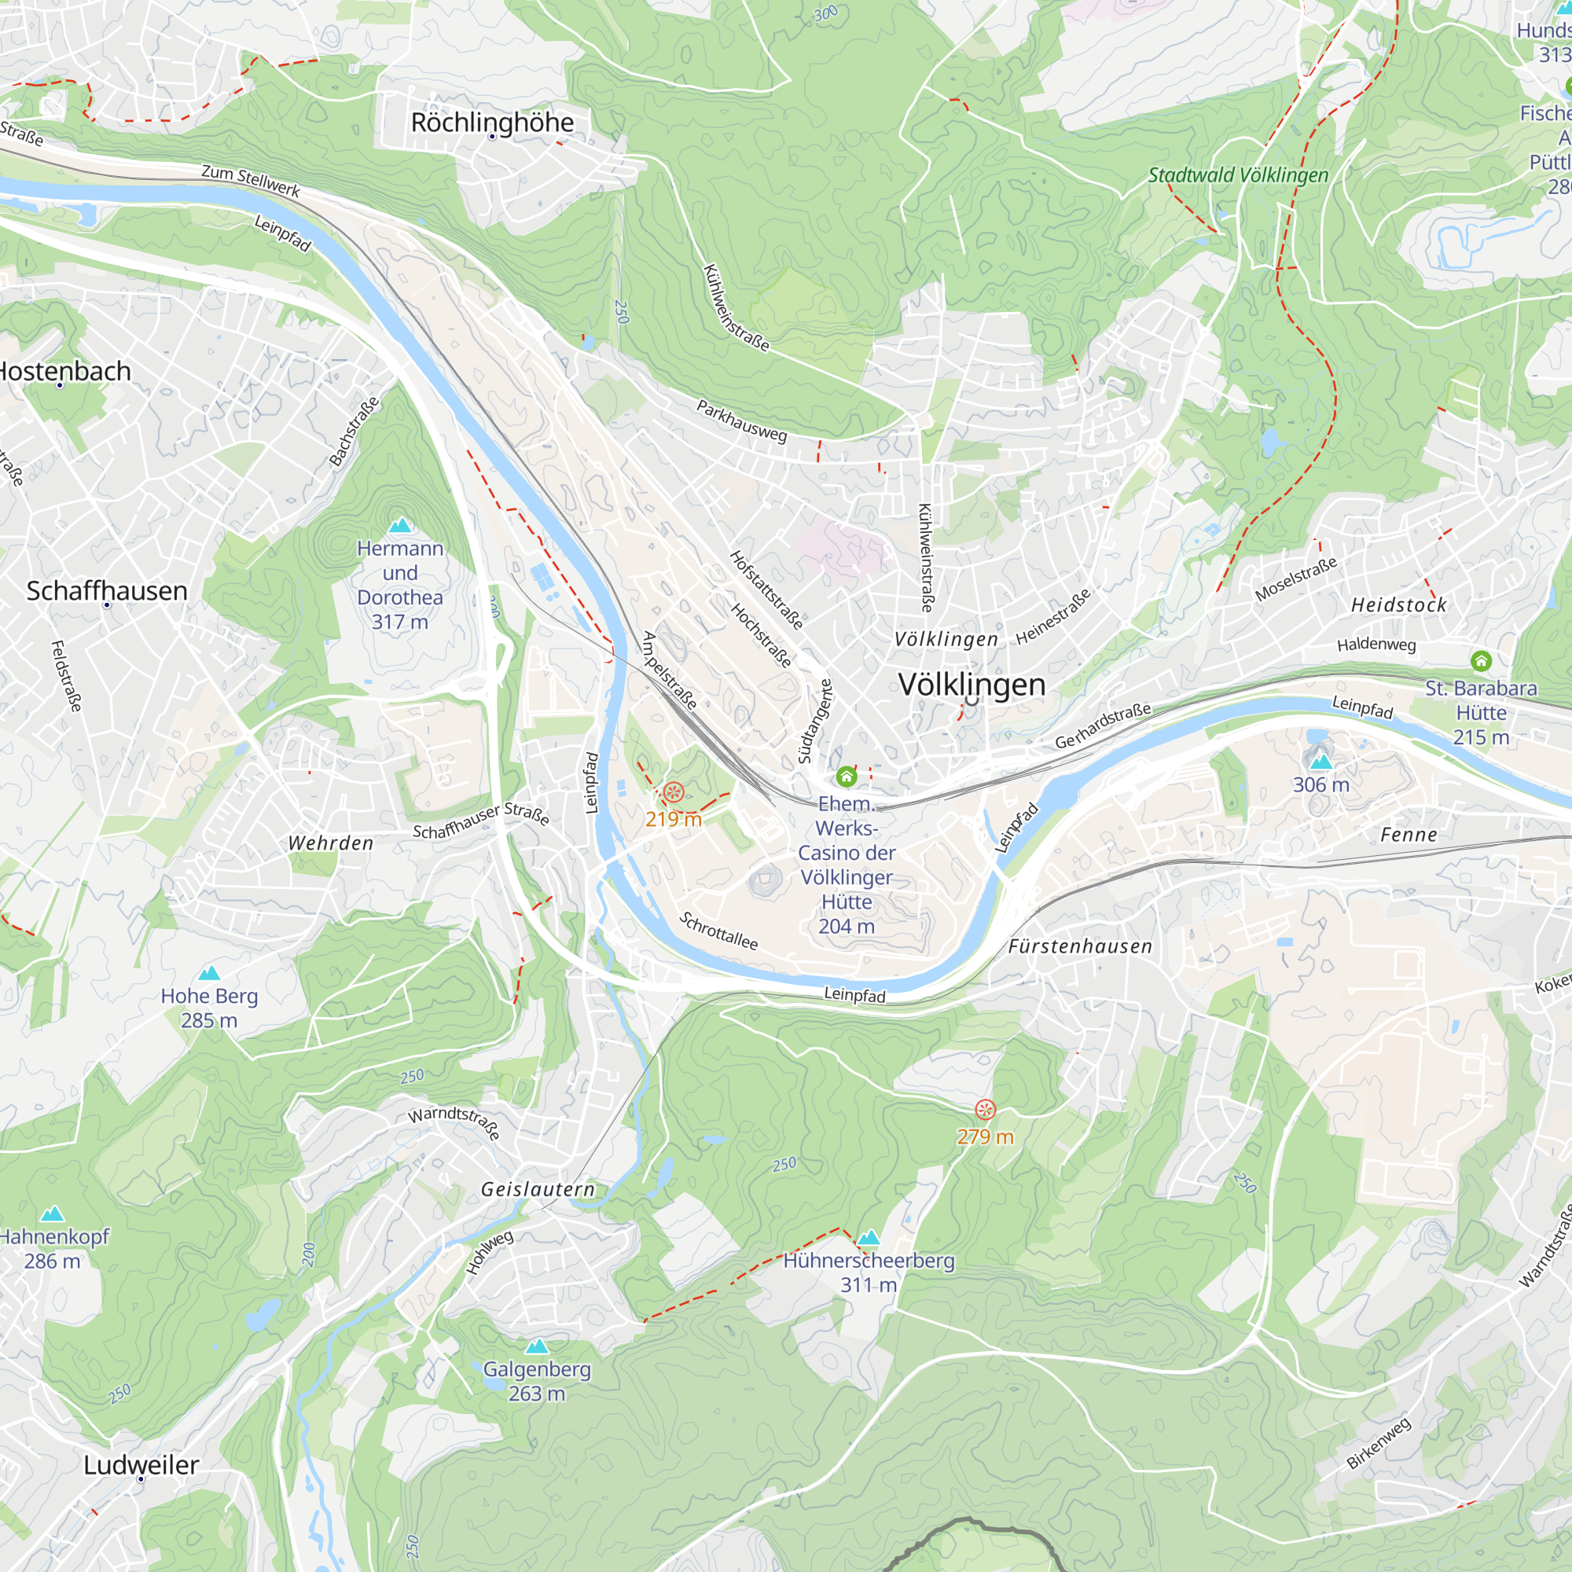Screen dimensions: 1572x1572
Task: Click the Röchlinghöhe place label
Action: click(x=492, y=123)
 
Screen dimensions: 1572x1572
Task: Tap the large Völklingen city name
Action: click(x=971, y=685)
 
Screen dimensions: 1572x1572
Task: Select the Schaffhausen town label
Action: click(x=107, y=591)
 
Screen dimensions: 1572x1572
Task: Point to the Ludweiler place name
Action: click(x=141, y=1464)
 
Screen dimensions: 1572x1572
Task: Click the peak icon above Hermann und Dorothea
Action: click(x=399, y=525)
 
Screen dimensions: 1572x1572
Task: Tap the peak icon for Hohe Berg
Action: click(x=209, y=973)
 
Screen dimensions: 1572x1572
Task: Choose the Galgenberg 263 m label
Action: click(x=537, y=1381)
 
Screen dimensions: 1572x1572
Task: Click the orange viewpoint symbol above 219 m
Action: click(x=674, y=792)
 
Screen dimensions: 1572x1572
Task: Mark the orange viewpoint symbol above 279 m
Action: click(x=986, y=1110)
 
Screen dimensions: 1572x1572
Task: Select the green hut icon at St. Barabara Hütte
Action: click(x=1481, y=661)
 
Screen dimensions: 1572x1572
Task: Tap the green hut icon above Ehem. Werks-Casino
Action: click(x=847, y=777)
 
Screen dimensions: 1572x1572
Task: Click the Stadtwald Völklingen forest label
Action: click(x=1238, y=175)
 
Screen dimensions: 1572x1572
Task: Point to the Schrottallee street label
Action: click(x=718, y=931)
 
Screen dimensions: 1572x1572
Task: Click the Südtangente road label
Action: click(x=815, y=722)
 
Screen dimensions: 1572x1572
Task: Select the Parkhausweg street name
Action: click(x=741, y=421)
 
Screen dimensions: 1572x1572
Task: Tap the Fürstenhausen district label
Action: click(x=1080, y=946)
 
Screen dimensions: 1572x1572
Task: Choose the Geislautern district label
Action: click(x=538, y=1188)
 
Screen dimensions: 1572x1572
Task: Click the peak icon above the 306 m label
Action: click(x=1321, y=762)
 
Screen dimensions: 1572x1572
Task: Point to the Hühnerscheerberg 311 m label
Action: click(x=869, y=1273)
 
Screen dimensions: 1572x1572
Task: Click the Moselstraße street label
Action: click(x=1295, y=579)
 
